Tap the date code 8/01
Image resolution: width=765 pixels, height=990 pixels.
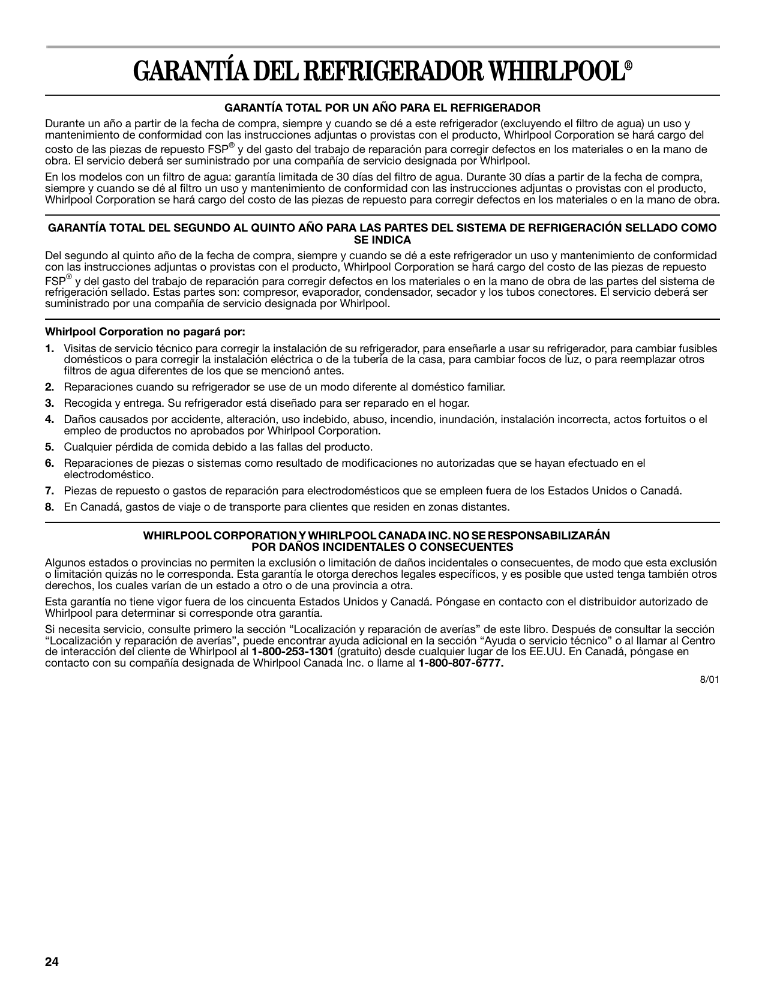click(x=709, y=680)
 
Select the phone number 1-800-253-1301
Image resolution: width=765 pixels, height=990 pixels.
click(x=292, y=652)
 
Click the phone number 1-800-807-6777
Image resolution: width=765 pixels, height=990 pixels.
click(x=461, y=663)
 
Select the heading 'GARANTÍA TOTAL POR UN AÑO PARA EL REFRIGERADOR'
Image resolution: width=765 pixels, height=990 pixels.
click(x=382, y=108)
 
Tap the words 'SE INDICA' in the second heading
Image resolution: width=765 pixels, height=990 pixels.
click(x=382, y=240)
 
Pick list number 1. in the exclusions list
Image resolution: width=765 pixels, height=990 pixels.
click(x=50, y=349)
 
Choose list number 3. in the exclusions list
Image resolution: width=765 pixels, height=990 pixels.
click(x=50, y=403)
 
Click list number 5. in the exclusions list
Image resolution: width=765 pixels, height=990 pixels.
click(x=50, y=447)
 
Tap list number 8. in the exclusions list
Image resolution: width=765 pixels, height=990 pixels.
click(x=50, y=507)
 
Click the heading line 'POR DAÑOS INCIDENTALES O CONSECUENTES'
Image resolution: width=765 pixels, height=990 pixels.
click(x=382, y=547)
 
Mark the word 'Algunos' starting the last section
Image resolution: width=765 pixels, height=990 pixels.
click(x=64, y=563)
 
